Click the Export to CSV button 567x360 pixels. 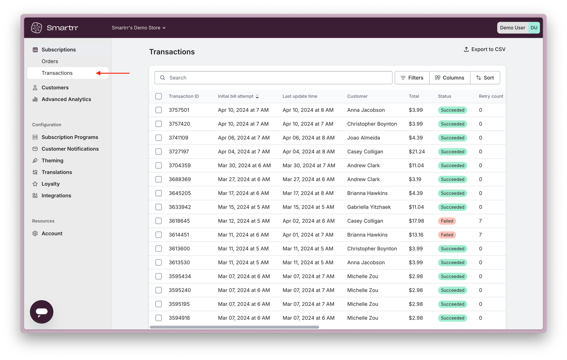(x=484, y=49)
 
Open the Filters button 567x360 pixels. (x=412, y=78)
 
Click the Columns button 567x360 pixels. (x=450, y=78)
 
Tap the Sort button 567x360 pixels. (x=485, y=78)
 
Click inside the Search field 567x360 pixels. (x=274, y=78)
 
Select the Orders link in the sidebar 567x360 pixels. (x=50, y=61)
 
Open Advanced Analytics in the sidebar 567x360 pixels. (x=66, y=99)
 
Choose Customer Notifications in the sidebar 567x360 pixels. (x=70, y=149)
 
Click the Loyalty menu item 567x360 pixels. (x=51, y=184)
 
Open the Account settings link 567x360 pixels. (x=52, y=233)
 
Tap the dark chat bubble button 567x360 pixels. (x=41, y=312)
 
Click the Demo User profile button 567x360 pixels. (x=518, y=28)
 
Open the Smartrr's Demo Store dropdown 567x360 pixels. (x=139, y=28)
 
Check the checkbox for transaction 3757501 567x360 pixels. (x=158, y=110)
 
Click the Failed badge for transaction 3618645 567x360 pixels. (x=447, y=221)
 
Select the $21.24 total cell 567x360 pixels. (x=417, y=152)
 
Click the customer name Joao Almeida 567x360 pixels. (x=364, y=138)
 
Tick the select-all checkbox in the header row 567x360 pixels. (x=158, y=96)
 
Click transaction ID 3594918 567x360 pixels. (x=179, y=318)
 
